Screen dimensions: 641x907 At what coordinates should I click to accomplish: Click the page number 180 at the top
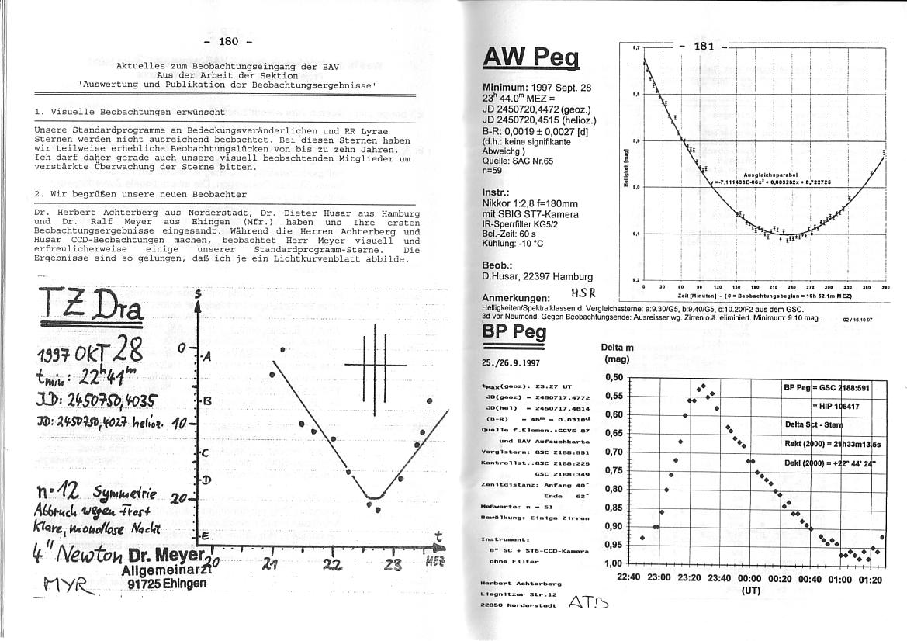[x=229, y=42]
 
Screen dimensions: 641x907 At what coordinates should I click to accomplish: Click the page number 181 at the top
[x=703, y=47]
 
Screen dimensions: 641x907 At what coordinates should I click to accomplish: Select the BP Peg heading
[x=514, y=331]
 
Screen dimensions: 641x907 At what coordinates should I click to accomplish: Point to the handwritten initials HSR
[x=582, y=293]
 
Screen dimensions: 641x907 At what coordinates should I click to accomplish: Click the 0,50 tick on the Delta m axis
[x=614, y=378]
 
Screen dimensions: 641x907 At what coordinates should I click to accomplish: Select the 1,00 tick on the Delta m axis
[x=614, y=563]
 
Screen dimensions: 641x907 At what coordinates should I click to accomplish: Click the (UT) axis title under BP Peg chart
[x=750, y=591]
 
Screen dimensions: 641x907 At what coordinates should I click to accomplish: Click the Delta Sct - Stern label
[x=814, y=424]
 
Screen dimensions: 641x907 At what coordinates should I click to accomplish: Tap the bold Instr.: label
[x=496, y=192]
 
